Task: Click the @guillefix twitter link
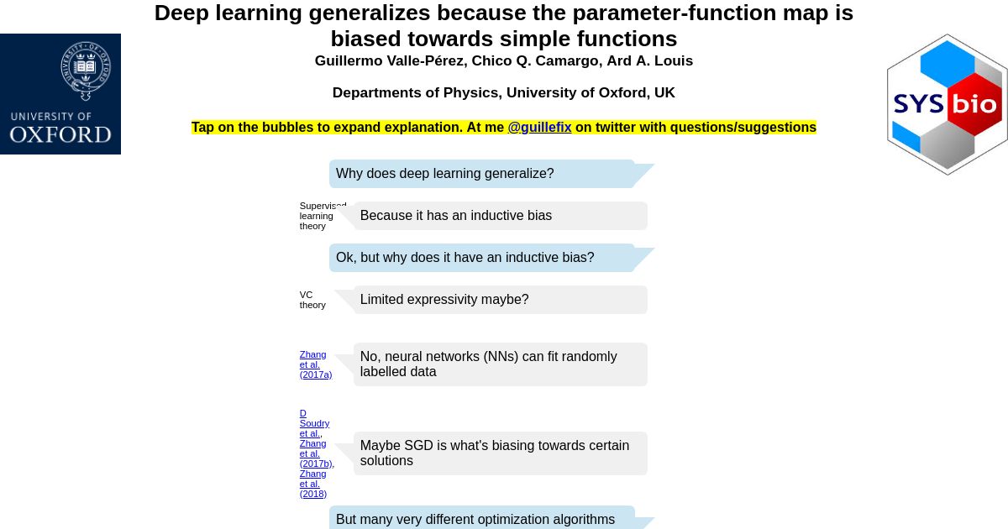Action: coord(539,128)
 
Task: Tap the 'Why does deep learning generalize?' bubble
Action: coord(482,174)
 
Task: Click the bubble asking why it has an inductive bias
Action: coord(482,258)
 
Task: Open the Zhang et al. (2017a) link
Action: coord(316,364)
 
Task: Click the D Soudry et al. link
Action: coord(314,423)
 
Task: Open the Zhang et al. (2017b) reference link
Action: coord(317,453)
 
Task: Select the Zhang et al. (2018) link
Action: coord(313,484)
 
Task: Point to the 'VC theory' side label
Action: coord(312,300)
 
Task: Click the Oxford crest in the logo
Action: coord(86,71)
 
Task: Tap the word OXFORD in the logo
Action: coord(60,135)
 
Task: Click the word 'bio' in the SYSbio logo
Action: coord(974,104)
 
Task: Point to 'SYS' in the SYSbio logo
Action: coord(918,104)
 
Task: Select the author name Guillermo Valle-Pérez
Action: coord(389,60)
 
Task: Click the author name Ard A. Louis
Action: coord(650,60)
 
